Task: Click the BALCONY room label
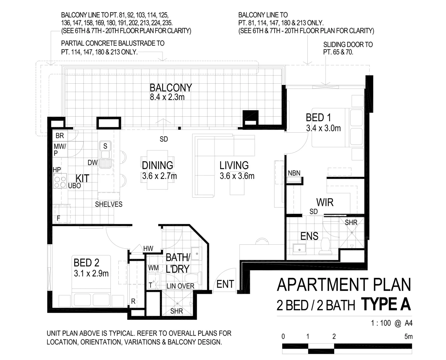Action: tap(170, 88)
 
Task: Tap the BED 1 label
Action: tap(318, 118)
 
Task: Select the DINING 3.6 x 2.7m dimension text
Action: tap(159, 176)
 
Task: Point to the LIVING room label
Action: tap(234, 165)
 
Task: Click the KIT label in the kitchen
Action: tap(82, 178)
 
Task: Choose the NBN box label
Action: tap(294, 173)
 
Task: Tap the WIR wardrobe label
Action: tap(325, 202)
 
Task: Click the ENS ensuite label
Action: tap(309, 236)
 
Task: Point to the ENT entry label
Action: tap(225, 284)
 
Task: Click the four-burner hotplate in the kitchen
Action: tap(60, 181)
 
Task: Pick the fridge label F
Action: tap(59, 219)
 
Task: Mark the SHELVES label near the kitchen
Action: tap(109, 204)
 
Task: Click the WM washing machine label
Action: tap(153, 268)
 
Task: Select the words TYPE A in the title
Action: tap(386, 305)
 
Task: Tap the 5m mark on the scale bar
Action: tap(408, 336)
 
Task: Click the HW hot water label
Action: tap(148, 249)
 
